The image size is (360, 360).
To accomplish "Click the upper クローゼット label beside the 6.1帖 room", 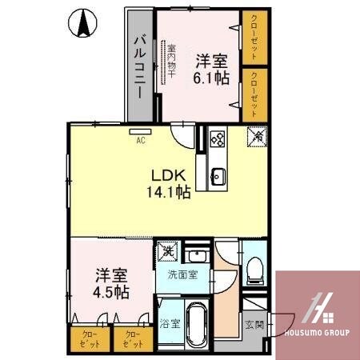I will [254, 37].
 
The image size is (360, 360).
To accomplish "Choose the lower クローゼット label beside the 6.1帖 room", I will [254, 91].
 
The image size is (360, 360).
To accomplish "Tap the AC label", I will [141, 141].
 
